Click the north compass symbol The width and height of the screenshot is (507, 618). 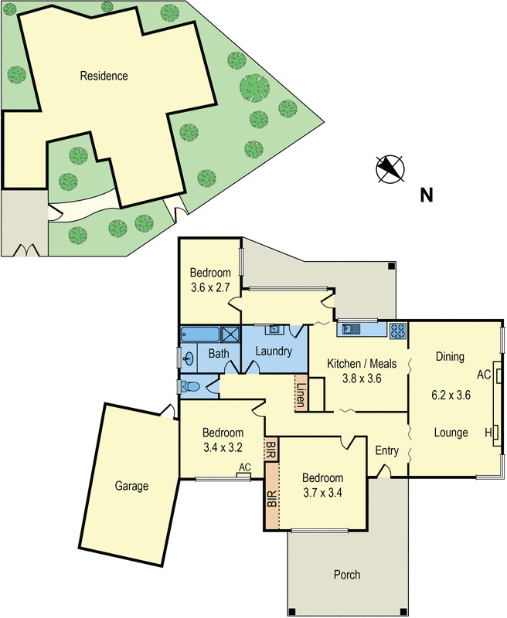point(392,168)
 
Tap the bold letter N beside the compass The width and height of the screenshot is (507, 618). point(426,195)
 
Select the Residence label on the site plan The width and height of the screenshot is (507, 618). point(104,76)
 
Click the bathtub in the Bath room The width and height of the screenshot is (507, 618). point(199,334)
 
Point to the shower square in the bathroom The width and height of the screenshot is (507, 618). point(231,334)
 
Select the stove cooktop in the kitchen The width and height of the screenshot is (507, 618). point(398,331)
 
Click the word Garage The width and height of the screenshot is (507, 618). point(131,486)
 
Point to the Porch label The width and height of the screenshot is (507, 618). point(347,575)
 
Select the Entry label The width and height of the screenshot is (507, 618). point(386,450)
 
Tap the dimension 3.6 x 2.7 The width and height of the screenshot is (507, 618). point(211,288)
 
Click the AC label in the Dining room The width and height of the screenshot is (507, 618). point(484,375)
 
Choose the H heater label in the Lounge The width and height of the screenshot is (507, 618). point(488,431)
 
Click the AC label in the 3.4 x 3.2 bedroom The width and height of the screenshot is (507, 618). point(245,467)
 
